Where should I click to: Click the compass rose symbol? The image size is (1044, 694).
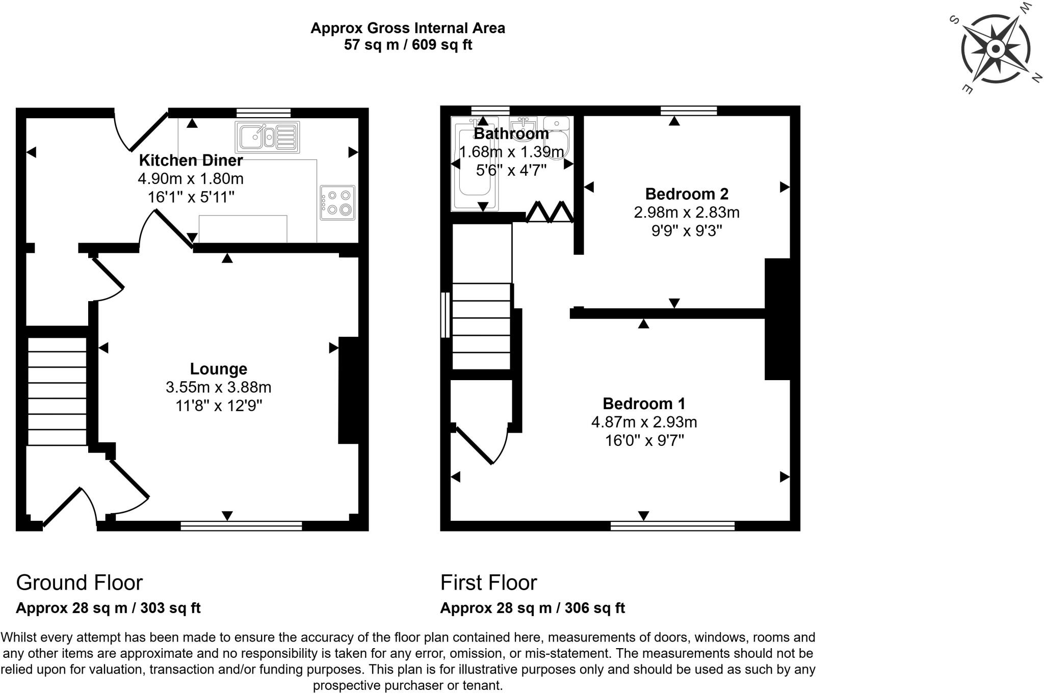(995, 49)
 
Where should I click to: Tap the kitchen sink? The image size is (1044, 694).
(267, 137)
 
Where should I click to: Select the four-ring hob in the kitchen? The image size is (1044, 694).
(337, 202)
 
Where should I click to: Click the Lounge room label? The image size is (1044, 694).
(218, 369)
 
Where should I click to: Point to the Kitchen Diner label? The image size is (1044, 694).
(191, 161)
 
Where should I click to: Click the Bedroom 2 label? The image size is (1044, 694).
(687, 194)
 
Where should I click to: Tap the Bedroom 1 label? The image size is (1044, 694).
(644, 404)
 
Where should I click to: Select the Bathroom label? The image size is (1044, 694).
(511, 134)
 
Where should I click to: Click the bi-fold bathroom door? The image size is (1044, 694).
(550, 212)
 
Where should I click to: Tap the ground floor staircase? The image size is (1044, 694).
(57, 391)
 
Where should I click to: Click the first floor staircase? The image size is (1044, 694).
(481, 326)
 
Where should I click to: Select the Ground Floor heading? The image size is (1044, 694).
(80, 582)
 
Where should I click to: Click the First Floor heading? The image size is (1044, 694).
(488, 582)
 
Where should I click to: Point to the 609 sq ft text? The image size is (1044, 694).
(442, 45)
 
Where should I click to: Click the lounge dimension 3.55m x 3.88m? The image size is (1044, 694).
(218, 387)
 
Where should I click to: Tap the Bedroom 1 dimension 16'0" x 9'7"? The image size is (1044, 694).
(644, 440)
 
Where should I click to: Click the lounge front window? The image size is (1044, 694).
(241, 526)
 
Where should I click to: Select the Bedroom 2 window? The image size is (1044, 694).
(688, 111)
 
